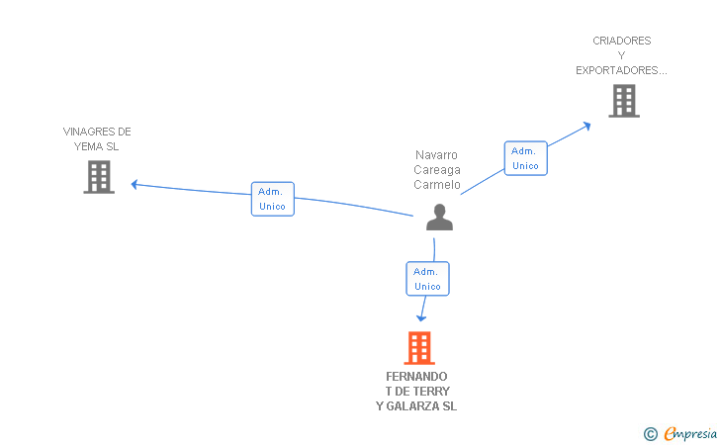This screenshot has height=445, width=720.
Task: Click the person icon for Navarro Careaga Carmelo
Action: point(439,218)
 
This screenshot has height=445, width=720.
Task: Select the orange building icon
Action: point(419,348)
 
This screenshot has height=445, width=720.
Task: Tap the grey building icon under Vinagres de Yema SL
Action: point(99,176)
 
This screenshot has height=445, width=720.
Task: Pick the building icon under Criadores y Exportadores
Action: point(623,101)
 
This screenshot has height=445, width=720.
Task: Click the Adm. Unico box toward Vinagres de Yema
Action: point(272,199)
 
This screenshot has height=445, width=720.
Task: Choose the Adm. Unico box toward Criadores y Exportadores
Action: point(525,158)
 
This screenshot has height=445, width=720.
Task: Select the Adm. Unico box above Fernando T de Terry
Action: point(427,279)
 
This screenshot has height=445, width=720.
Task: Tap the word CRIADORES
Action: point(622,41)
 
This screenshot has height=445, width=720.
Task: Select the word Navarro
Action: point(436,155)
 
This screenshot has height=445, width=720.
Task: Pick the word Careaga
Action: point(437,170)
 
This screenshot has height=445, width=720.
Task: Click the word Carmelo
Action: point(437,185)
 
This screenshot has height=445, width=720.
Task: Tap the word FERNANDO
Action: point(416,377)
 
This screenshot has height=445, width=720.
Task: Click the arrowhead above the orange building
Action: point(421,317)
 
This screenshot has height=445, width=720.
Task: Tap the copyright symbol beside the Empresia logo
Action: point(650,433)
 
